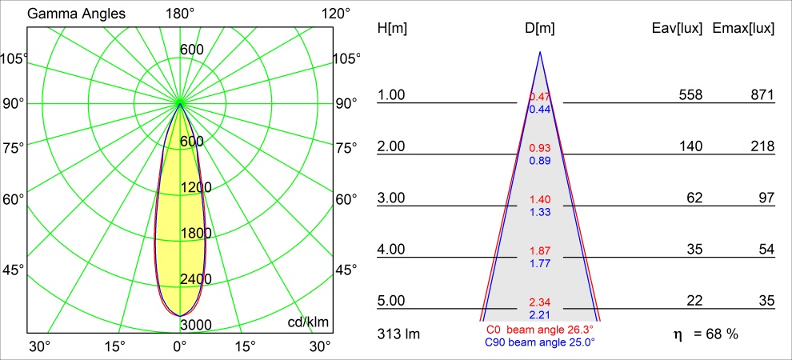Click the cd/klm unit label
coord(308,322)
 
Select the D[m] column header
coord(540,28)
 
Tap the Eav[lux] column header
coord(678,28)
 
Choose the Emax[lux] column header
coord(743,28)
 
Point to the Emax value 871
coord(762,95)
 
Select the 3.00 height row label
coord(391,198)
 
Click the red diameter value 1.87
coord(540,250)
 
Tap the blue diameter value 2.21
coord(540,314)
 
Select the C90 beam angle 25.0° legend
coord(539,342)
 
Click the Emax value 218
coord(762,146)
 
